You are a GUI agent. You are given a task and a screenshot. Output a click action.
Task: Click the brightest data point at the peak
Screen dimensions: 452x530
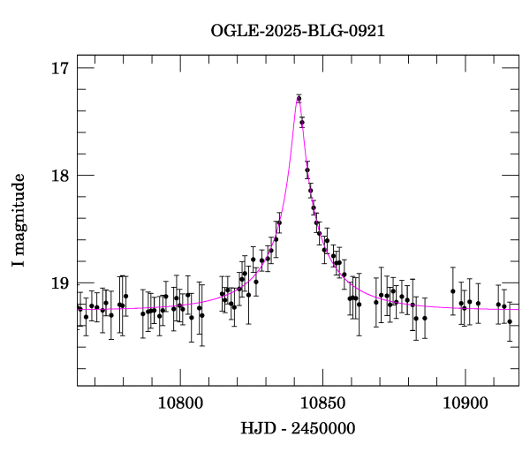(x=299, y=98)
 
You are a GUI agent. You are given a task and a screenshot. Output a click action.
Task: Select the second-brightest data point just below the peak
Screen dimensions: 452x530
(x=302, y=123)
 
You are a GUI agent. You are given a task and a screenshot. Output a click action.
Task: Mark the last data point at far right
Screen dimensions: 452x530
(x=510, y=321)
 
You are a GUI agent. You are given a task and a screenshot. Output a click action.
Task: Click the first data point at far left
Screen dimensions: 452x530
(x=79, y=307)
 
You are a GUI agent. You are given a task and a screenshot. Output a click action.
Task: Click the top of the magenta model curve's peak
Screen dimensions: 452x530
(x=299, y=95)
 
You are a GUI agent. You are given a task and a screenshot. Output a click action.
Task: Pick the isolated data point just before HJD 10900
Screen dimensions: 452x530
(x=453, y=291)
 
